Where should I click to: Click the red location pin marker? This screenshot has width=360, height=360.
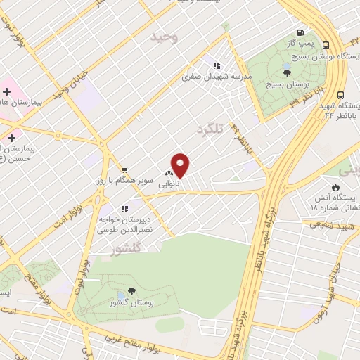[180, 166]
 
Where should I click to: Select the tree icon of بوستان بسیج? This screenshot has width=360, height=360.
[287, 70]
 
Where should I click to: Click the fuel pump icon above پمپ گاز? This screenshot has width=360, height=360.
[301, 32]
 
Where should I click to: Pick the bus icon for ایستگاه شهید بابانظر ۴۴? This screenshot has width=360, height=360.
[341, 95]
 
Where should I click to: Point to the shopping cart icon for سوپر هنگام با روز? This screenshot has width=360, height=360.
[124, 169]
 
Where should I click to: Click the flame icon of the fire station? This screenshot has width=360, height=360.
[335, 187]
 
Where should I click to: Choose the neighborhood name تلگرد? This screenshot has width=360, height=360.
[208, 129]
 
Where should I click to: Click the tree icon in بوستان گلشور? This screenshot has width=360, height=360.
[132, 291]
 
